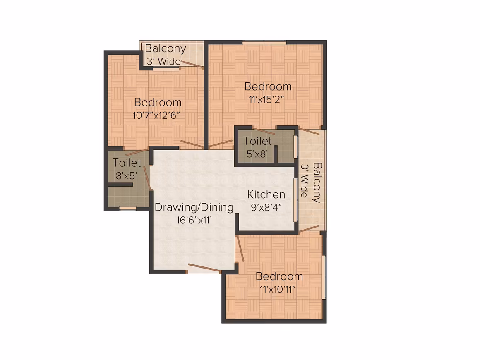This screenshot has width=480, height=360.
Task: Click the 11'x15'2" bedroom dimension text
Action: pyautogui.click(x=266, y=99)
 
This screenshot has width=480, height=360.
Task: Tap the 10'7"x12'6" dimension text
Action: pyautogui.click(x=156, y=115)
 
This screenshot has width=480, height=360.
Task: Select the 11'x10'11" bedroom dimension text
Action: pyautogui.click(x=278, y=289)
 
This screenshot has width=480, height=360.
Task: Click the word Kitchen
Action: pyautogui.click(x=266, y=194)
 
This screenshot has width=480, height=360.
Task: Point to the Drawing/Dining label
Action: pyautogui.click(x=194, y=207)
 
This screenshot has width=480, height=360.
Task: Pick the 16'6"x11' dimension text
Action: pyautogui.click(x=194, y=220)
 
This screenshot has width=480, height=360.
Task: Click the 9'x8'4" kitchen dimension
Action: pyautogui.click(x=266, y=207)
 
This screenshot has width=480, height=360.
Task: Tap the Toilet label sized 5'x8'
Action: pyautogui.click(x=257, y=141)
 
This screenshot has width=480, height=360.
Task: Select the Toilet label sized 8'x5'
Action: pyautogui.click(x=127, y=163)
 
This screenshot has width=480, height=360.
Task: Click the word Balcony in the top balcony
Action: pyautogui.click(x=166, y=49)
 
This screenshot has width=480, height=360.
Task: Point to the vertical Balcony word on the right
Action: pyautogui.click(x=317, y=182)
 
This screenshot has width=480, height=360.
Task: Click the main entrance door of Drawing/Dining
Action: pyautogui.click(x=204, y=267)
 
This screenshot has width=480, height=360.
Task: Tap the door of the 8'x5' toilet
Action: pyautogui.click(x=147, y=178)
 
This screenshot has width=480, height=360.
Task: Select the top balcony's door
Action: pyautogui.click(x=192, y=64)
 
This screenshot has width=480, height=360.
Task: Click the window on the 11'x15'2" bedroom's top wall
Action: pyautogui.click(x=264, y=42)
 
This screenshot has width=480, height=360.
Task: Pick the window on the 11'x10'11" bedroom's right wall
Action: pyautogui.click(x=324, y=277)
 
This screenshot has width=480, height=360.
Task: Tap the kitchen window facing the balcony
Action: pyautogui.click(x=295, y=199)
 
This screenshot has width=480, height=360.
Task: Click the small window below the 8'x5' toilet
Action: pyautogui.click(x=127, y=209)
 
